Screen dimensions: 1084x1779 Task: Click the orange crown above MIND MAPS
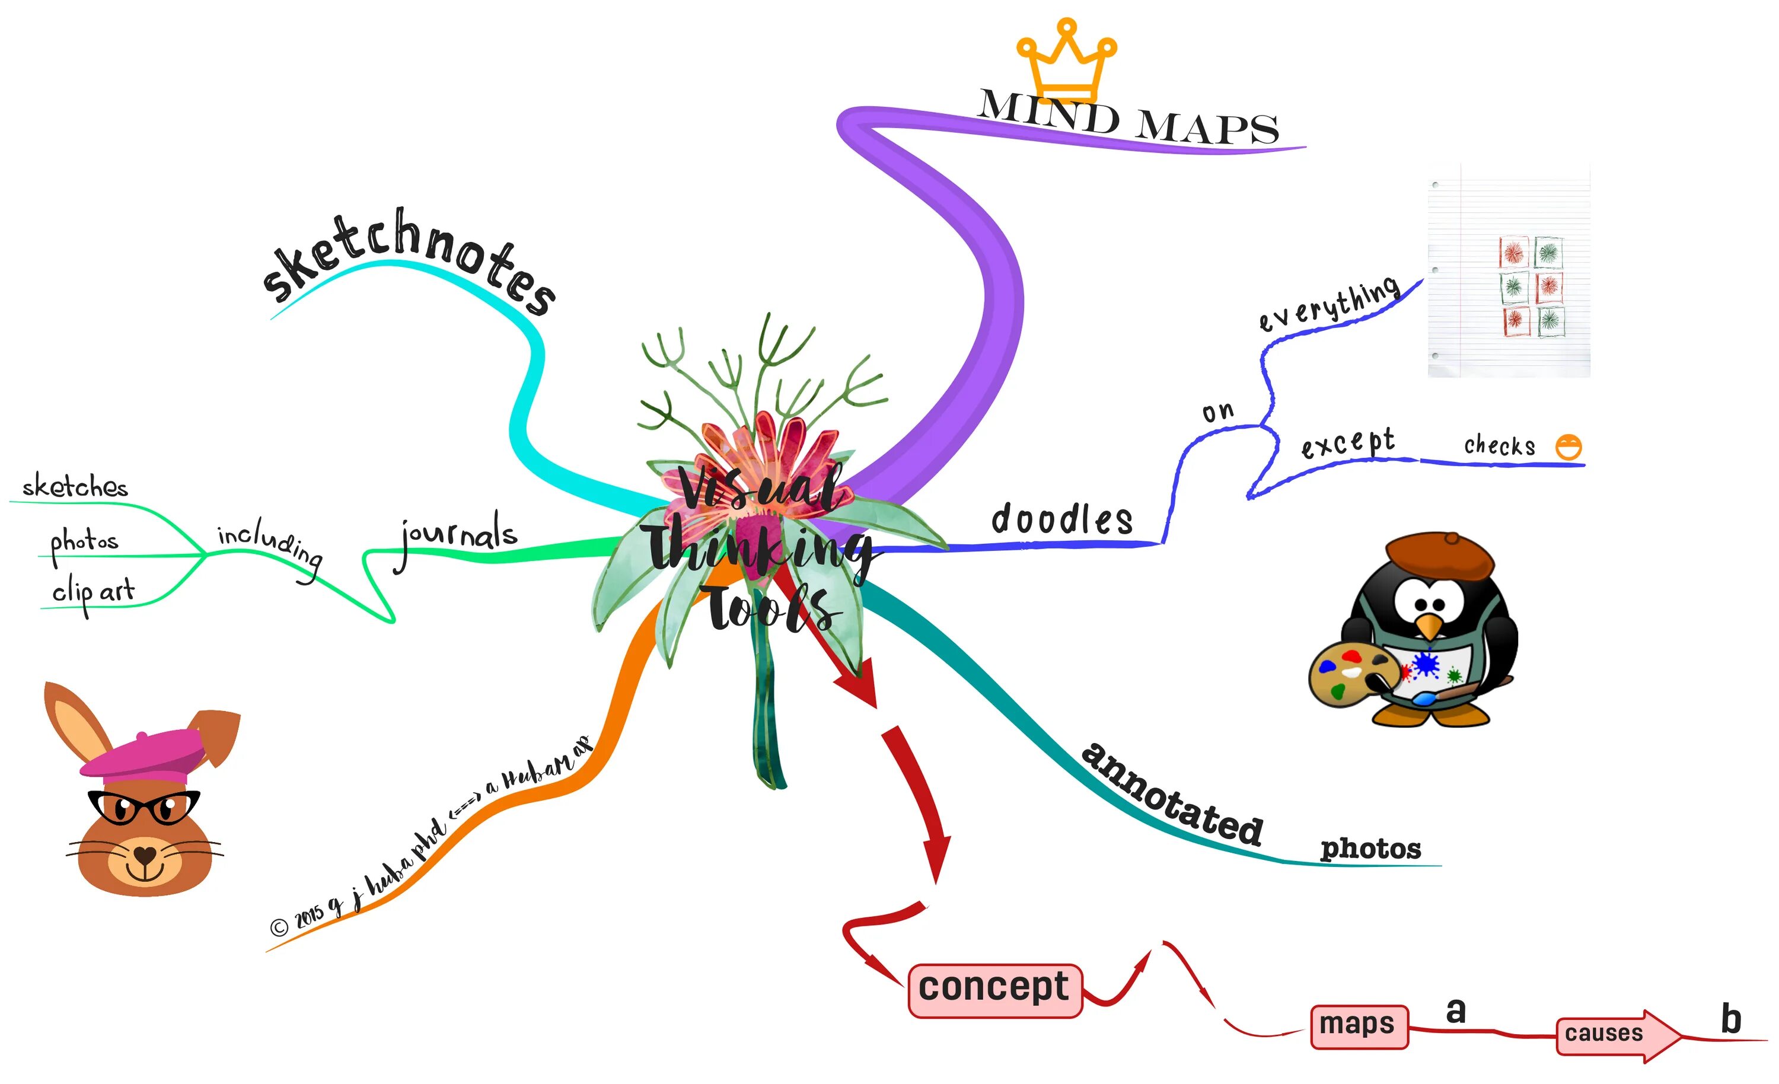[x=1066, y=59]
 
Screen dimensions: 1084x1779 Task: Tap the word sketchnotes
[x=409, y=260]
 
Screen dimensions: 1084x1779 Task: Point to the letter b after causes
[x=1730, y=1019]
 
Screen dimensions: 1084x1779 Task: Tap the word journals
[x=459, y=536]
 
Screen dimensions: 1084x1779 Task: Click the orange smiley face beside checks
[x=1568, y=447]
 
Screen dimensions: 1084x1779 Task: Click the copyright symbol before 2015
[x=279, y=927]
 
